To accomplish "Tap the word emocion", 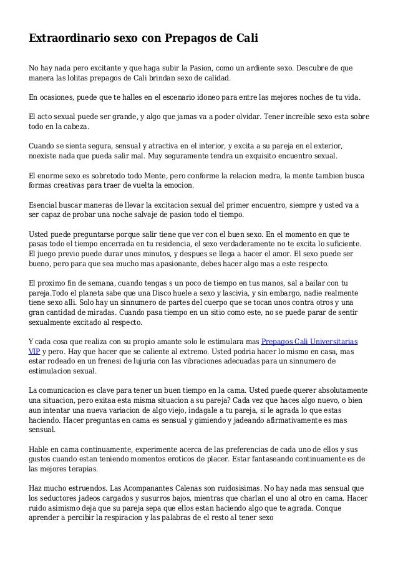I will pyautogui.click(x=178, y=186).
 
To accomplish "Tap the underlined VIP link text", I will pyautogui.click(x=35, y=351).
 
